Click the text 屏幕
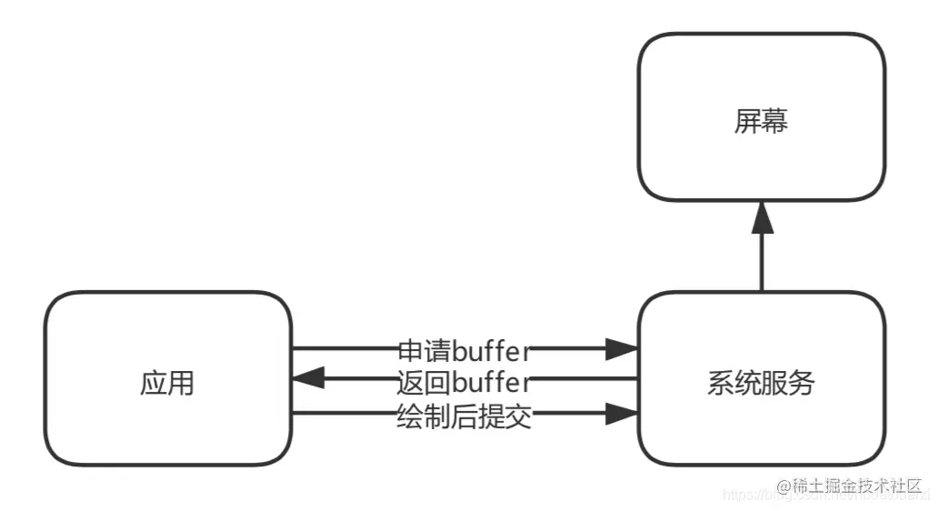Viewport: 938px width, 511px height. [x=761, y=122]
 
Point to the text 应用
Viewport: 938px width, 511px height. [x=168, y=384]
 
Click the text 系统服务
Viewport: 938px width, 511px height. [x=761, y=384]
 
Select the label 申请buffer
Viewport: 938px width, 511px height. [x=464, y=348]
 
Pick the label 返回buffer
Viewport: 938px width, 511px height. [x=464, y=380]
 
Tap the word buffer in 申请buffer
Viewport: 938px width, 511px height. [x=491, y=348]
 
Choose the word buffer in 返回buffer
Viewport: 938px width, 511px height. [x=491, y=380]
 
